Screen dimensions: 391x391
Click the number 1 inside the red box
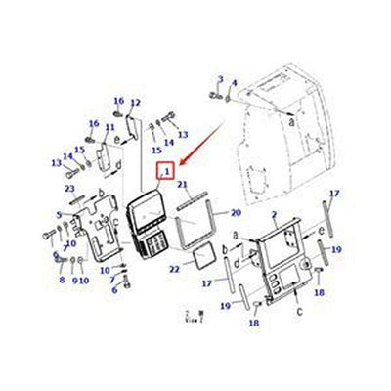pyautogui.click(x=167, y=173)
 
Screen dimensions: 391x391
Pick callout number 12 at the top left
pyautogui.click(x=136, y=103)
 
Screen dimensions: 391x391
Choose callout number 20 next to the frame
pyautogui.click(x=236, y=212)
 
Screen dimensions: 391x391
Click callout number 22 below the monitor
pyautogui.click(x=175, y=268)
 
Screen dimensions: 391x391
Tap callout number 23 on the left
pyautogui.click(x=69, y=188)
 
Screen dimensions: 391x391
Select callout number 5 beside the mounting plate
pyautogui.click(x=59, y=215)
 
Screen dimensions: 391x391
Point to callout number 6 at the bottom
pyautogui.click(x=114, y=290)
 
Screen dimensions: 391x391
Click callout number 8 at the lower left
pyautogui.click(x=61, y=280)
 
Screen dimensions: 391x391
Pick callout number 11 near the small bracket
pyautogui.click(x=109, y=127)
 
